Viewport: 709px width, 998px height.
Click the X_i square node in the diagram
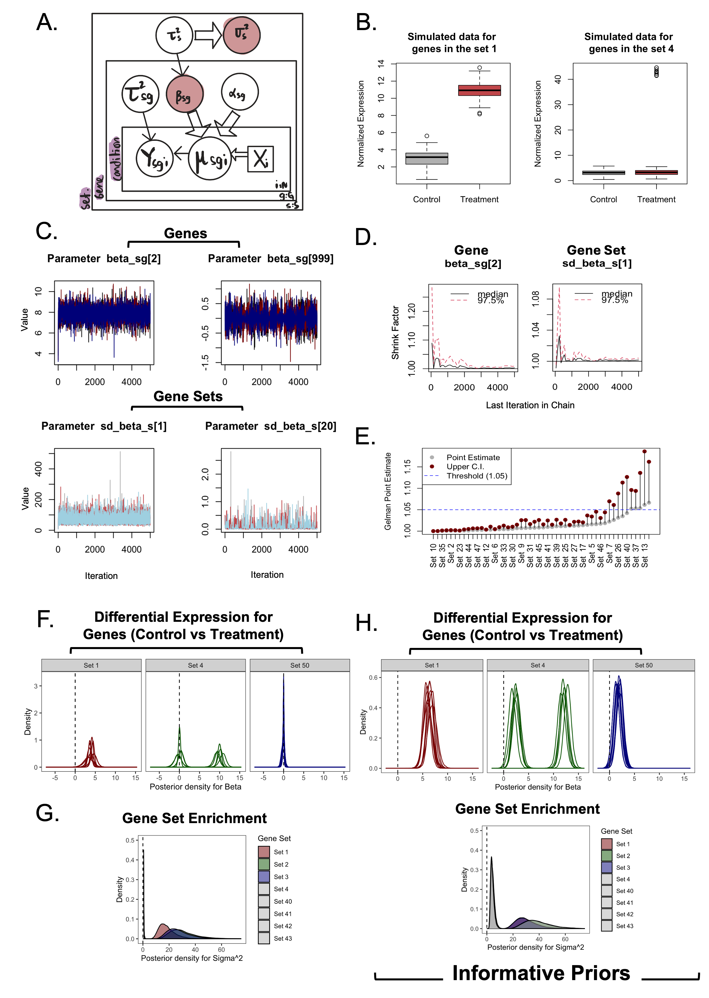pyautogui.click(x=261, y=159)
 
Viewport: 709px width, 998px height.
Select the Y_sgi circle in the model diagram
pyautogui.click(x=154, y=158)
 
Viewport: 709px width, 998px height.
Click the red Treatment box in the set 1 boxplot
pyautogui.click(x=479, y=90)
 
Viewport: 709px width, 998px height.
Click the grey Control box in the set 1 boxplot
pyautogui.click(x=426, y=158)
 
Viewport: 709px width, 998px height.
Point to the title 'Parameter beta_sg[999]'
pyautogui.click(x=270, y=259)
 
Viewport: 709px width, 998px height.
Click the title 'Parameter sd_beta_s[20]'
pyautogui.click(x=270, y=426)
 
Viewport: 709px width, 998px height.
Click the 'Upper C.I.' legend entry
pyautogui.click(x=465, y=467)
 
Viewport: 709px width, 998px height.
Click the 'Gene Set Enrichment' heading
pyautogui.click(x=527, y=809)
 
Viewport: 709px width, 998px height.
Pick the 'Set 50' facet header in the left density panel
pyautogui.click(x=300, y=665)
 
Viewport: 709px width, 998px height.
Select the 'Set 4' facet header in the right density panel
pyautogui.click(x=537, y=665)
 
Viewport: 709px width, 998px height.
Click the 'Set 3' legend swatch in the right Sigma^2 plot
pyautogui.click(x=606, y=867)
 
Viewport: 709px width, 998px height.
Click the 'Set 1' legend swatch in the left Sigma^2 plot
pyautogui.click(x=264, y=852)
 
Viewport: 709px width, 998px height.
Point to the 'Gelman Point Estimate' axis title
pyautogui.click(x=388, y=491)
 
